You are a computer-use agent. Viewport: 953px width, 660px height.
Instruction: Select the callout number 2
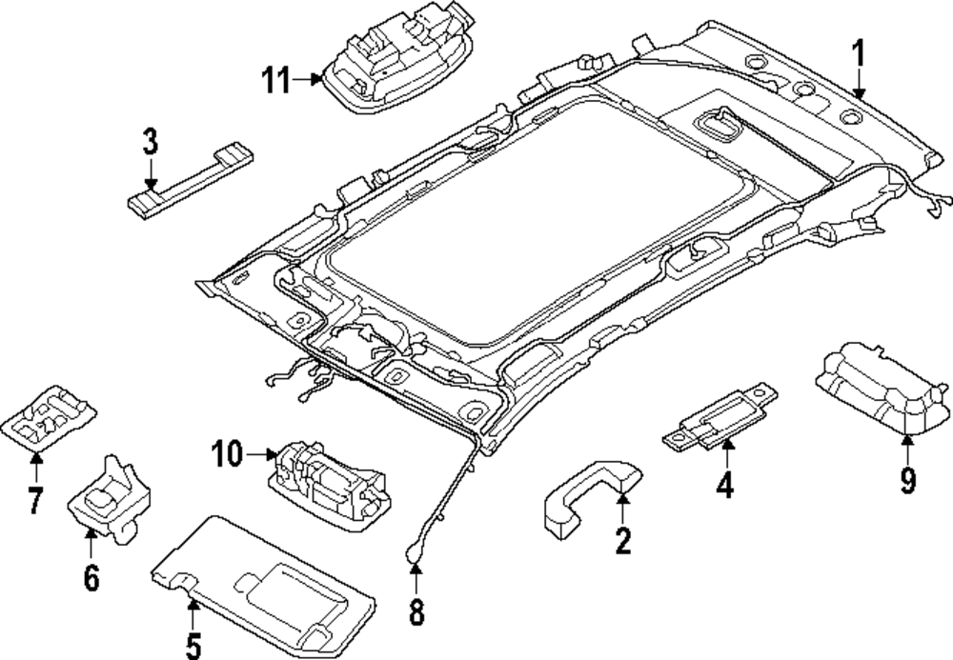click(622, 542)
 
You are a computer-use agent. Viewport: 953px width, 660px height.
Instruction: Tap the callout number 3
click(150, 143)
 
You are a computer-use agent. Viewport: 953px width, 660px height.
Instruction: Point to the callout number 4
click(725, 486)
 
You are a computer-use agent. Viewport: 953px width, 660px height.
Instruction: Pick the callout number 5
click(193, 645)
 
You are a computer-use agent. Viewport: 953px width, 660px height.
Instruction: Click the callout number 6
click(91, 576)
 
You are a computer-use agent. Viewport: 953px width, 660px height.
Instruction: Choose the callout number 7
click(35, 500)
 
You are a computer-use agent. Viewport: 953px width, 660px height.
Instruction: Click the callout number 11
click(277, 81)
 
